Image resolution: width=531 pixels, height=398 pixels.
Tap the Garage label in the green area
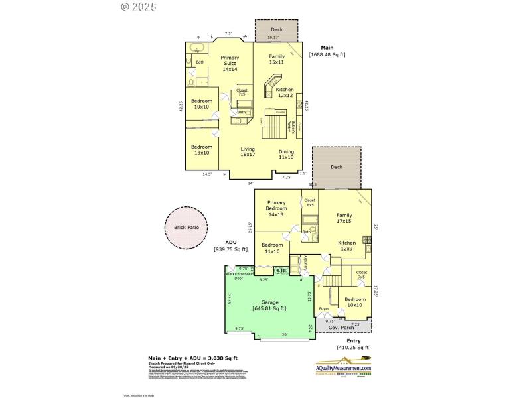tap(269, 304)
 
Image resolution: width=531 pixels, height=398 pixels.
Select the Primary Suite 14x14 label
tap(230, 64)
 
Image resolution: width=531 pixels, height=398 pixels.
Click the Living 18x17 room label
tap(248, 152)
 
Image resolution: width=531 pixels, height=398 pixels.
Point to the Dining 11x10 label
tap(286, 154)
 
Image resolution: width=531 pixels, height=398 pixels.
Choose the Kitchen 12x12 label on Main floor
tap(285, 92)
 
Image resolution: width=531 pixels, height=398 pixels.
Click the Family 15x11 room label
tap(277, 60)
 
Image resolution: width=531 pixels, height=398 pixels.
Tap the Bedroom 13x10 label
tap(202, 150)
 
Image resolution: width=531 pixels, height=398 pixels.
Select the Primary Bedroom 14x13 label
tap(276, 208)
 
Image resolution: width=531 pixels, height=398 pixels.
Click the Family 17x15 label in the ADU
tap(344, 218)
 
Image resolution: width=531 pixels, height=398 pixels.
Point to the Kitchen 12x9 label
tap(347, 246)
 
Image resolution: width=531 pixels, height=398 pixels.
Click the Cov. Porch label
tap(342, 328)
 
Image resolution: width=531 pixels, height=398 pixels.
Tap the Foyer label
tap(324, 309)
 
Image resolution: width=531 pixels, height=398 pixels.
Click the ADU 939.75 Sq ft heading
tap(230, 246)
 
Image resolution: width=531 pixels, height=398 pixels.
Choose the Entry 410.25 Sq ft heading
tap(353, 344)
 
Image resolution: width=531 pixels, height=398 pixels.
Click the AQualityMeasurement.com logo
tap(343, 367)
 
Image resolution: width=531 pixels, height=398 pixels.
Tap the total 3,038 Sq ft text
tap(192, 358)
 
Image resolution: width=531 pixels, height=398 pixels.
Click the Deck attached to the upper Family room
tap(276, 31)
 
